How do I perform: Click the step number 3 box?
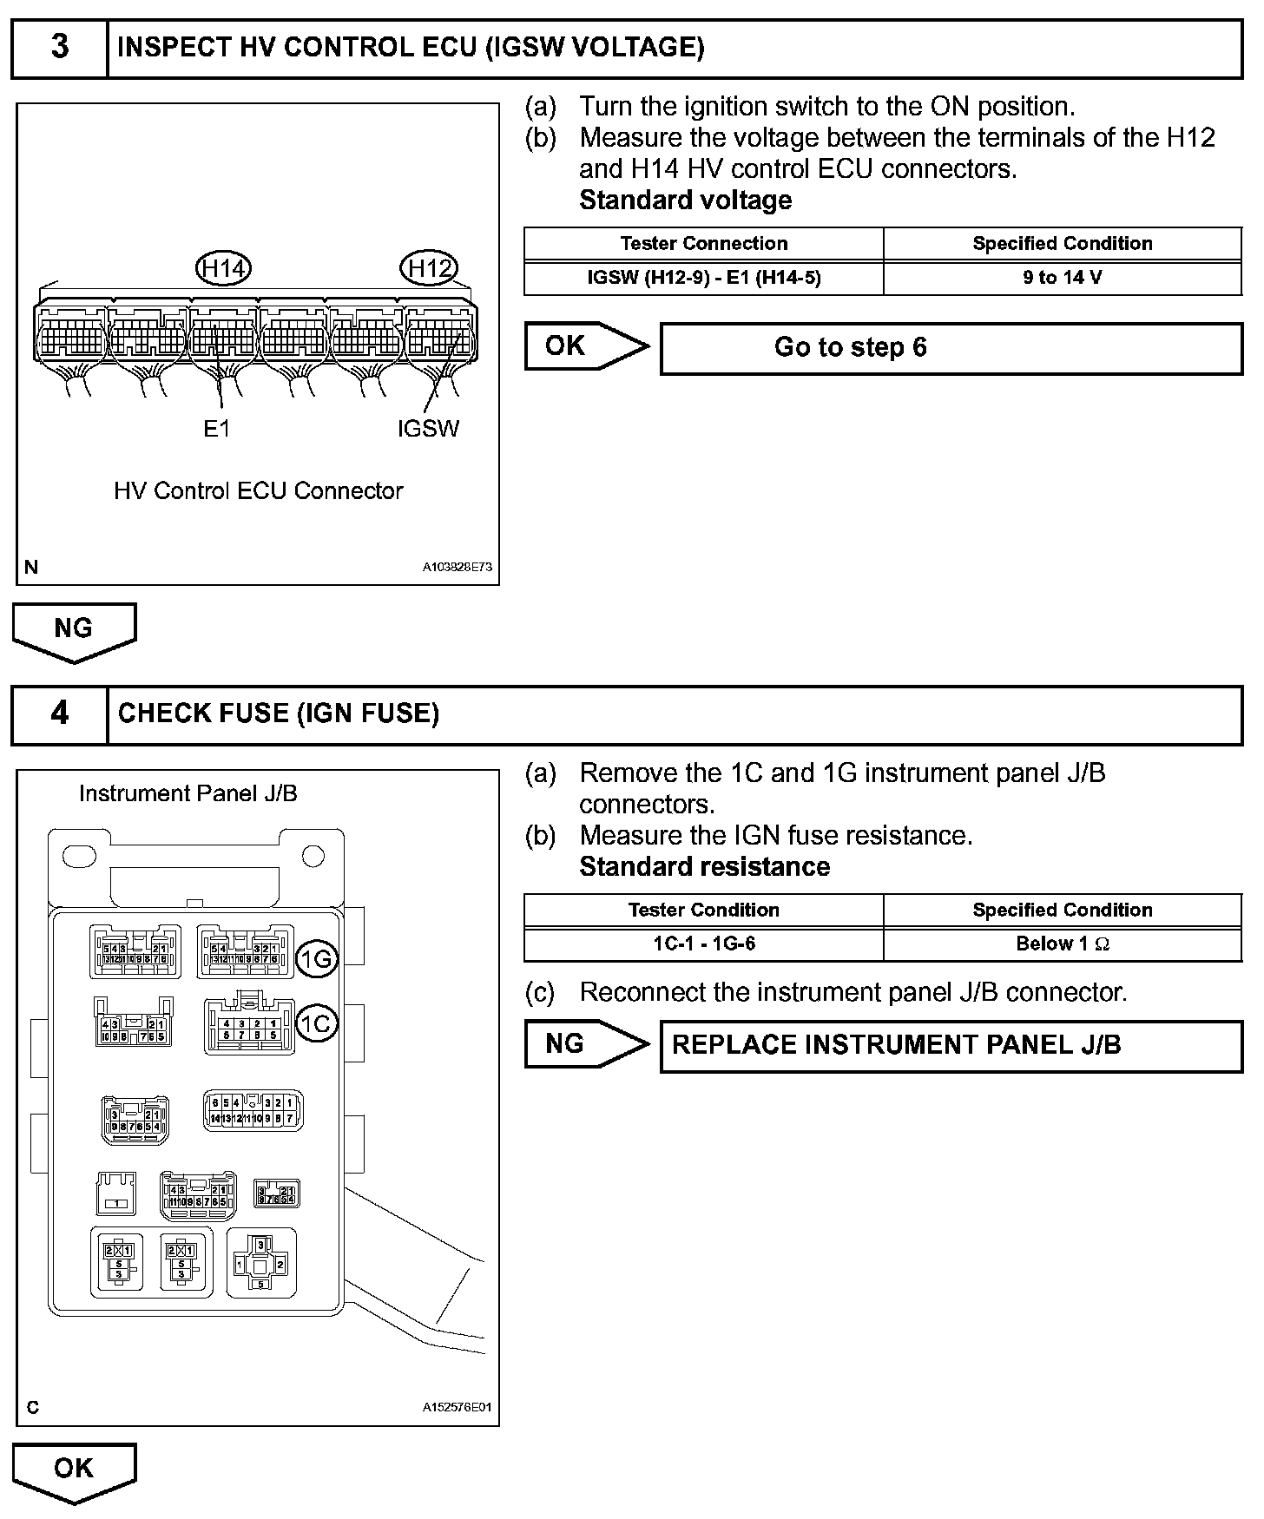[x=59, y=48]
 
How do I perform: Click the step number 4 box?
[x=59, y=714]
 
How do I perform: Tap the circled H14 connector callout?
[x=224, y=268]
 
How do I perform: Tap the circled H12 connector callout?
[x=429, y=268]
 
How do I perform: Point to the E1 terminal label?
[x=216, y=428]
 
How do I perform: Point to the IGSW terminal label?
[x=428, y=428]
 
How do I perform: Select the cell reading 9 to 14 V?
[x=1062, y=278]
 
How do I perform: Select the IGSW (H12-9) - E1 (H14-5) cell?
[x=704, y=278]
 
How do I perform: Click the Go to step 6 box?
[x=951, y=348]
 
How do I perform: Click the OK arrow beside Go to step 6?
[x=583, y=346]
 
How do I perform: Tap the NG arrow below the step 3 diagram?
[x=74, y=630]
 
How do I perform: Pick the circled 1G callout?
[x=316, y=958]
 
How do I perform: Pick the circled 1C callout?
[x=316, y=1023]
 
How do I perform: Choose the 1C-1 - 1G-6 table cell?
[x=704, y=944]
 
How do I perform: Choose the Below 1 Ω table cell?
[x=1062, y=944]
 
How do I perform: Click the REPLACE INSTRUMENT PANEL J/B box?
[x=951, y=1045]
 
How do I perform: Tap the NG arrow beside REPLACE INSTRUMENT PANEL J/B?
[x=583, y=1044]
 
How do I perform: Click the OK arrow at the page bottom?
[x=74, y=1470]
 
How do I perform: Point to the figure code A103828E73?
[x=458, y=567]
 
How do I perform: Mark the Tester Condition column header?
[x=704, y=910]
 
